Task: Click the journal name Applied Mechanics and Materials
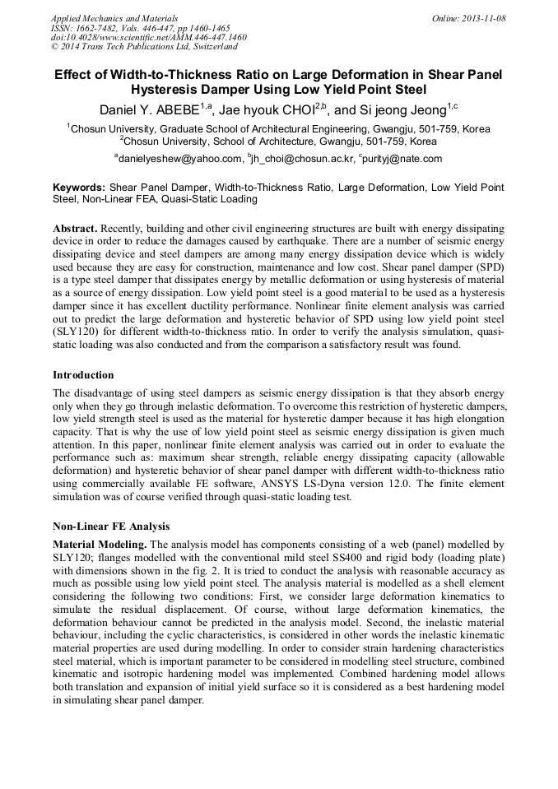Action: tap(114, 17)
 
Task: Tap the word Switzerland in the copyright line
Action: tap(208, 47)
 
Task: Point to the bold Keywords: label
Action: tap(79, 188)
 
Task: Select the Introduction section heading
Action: tap(83, 375)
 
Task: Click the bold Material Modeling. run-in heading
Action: tap(100, 545)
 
